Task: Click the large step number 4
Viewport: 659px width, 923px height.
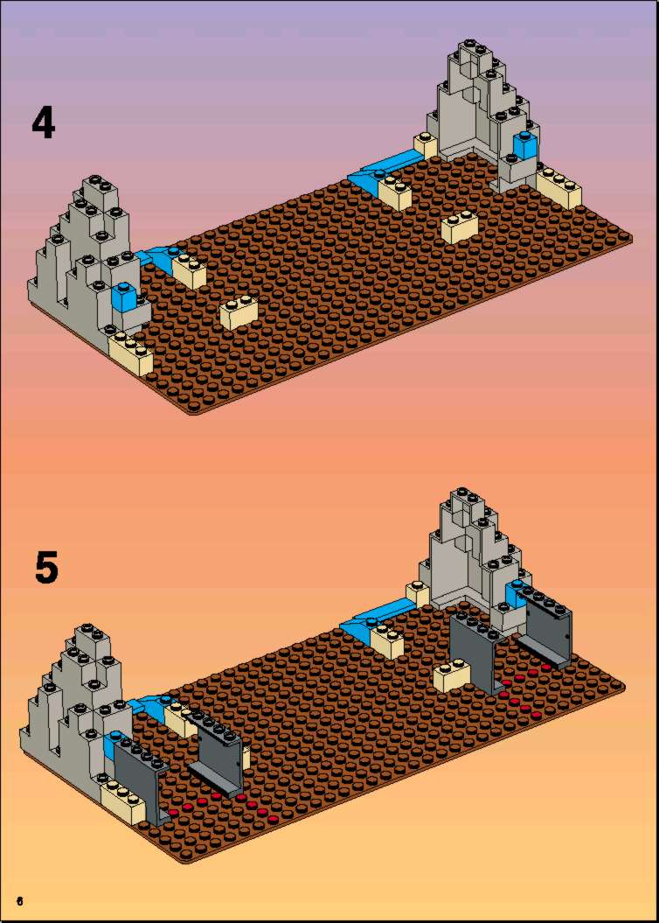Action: [44, 122]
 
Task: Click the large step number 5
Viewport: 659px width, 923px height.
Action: [47, 568]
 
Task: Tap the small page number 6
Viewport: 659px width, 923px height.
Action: [20, 901]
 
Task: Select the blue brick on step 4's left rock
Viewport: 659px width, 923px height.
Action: [124, 297]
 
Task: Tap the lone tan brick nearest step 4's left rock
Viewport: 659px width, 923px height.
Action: [239, 312]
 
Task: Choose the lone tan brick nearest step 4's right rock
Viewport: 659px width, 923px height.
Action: [461, 226]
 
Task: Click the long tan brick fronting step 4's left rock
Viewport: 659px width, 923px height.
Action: [130, 352]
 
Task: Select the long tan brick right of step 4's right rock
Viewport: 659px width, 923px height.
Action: [558, 187]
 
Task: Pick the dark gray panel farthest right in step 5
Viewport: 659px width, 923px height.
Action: [546, 630]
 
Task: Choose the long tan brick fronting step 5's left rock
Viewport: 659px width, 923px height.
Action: [122, 800]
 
